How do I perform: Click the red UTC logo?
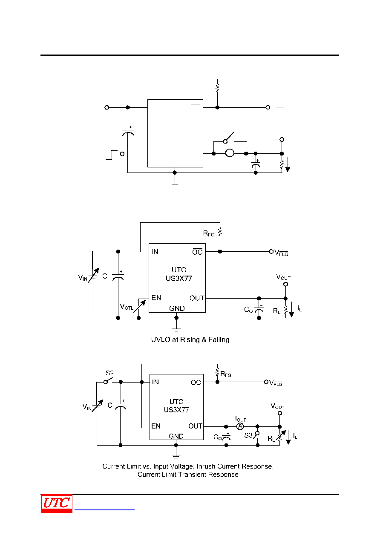(57, 503)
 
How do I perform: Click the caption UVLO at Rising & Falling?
(190, 339)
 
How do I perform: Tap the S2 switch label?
(109, 373)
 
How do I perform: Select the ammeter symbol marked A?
(240, 426)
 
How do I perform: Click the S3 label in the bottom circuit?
(248, 435)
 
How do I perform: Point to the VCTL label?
(127, 307)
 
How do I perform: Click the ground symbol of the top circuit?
(175, 184)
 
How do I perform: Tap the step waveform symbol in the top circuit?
(112, 155)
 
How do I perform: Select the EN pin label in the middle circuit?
(156, 298)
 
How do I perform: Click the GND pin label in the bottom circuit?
(176, 436)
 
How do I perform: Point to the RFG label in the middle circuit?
(208, 233)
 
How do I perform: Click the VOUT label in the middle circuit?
(283, 277)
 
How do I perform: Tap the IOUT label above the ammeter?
(240, 419)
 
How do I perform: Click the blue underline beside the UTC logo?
(104, 509)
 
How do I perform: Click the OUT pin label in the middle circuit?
(197, 298)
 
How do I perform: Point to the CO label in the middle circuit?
(248, 310)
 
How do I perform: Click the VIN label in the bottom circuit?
(87, 407)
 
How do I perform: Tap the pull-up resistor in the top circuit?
(217, 88)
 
